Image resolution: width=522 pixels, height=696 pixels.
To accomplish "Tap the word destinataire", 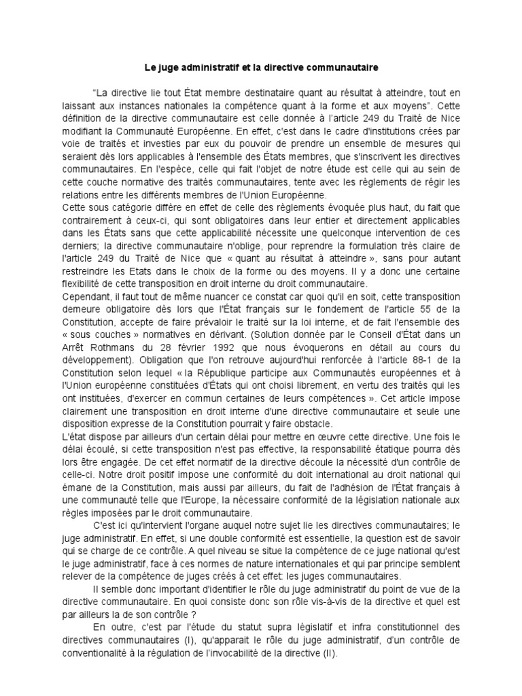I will point(290,92).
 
